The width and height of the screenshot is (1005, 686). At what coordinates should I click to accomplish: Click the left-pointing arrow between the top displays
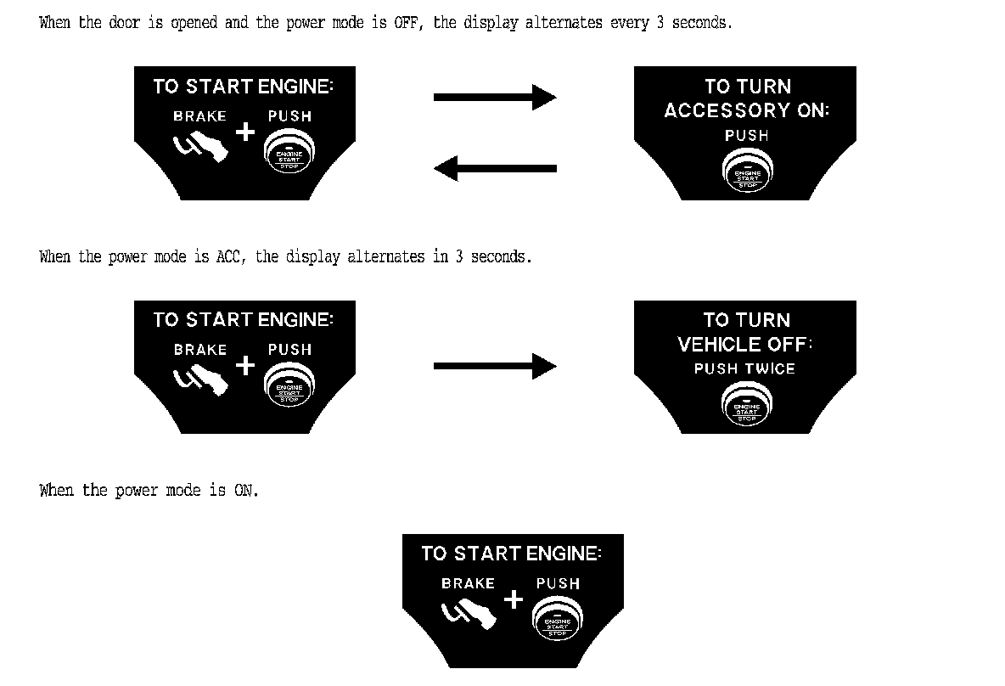pos(495,168)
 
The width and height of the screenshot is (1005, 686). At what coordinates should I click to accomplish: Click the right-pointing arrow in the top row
pos(495,97)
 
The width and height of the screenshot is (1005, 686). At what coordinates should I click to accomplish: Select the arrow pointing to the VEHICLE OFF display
pos(495,367)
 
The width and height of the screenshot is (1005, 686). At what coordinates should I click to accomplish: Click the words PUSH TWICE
pos(744,368)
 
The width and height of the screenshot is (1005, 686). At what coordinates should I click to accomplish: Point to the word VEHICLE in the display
pos(718,344)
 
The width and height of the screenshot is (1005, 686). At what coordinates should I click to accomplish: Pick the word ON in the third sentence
pos(244,491)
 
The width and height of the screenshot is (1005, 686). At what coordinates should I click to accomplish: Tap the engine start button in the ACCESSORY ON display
pos(747,171)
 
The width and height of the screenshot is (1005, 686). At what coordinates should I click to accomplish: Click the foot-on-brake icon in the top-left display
pos(201,147)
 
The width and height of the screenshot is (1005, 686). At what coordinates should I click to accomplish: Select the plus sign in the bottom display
pos(514,599)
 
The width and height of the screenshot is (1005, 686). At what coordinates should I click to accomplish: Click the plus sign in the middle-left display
pos(245,365)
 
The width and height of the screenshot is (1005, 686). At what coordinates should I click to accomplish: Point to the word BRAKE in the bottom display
pos(468,584)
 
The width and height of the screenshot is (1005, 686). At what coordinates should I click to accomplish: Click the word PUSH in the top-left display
pos(289,116)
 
